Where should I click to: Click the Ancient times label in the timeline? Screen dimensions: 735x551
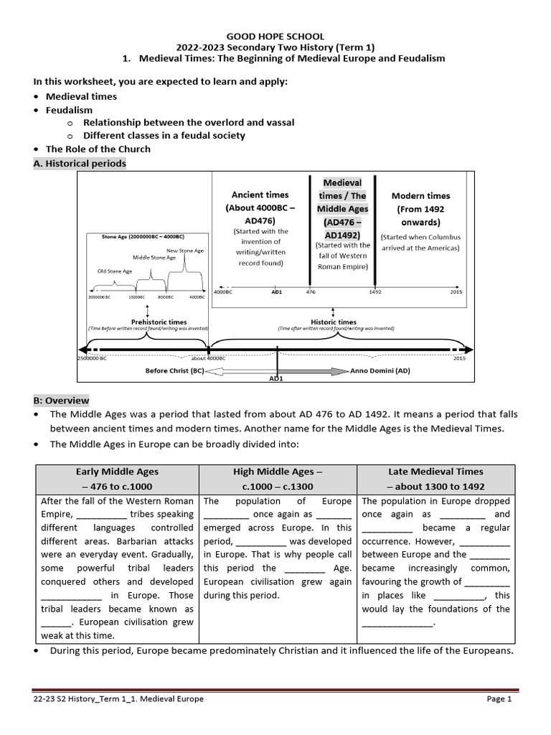coord(260,195)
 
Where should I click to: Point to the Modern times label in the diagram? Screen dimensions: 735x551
coord(420,195)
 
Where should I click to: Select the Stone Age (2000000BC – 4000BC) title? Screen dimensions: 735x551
coord(141,236)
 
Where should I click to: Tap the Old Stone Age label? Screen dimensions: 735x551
coord(115,271)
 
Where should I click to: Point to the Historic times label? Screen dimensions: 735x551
coord(333,322)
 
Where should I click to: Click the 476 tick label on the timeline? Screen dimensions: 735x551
coord(311,292)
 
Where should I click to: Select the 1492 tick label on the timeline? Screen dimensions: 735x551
coord(375,292)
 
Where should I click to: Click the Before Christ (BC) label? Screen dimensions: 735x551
coord(174,371)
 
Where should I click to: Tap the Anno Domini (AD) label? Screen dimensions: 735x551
coord(380,371)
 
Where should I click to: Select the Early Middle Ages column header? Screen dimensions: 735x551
coord(117,479)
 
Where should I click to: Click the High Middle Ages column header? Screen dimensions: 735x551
coord(278,479)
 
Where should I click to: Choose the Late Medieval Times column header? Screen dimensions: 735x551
coord(435,479)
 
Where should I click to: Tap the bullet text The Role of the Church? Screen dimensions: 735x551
coord(98,149)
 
